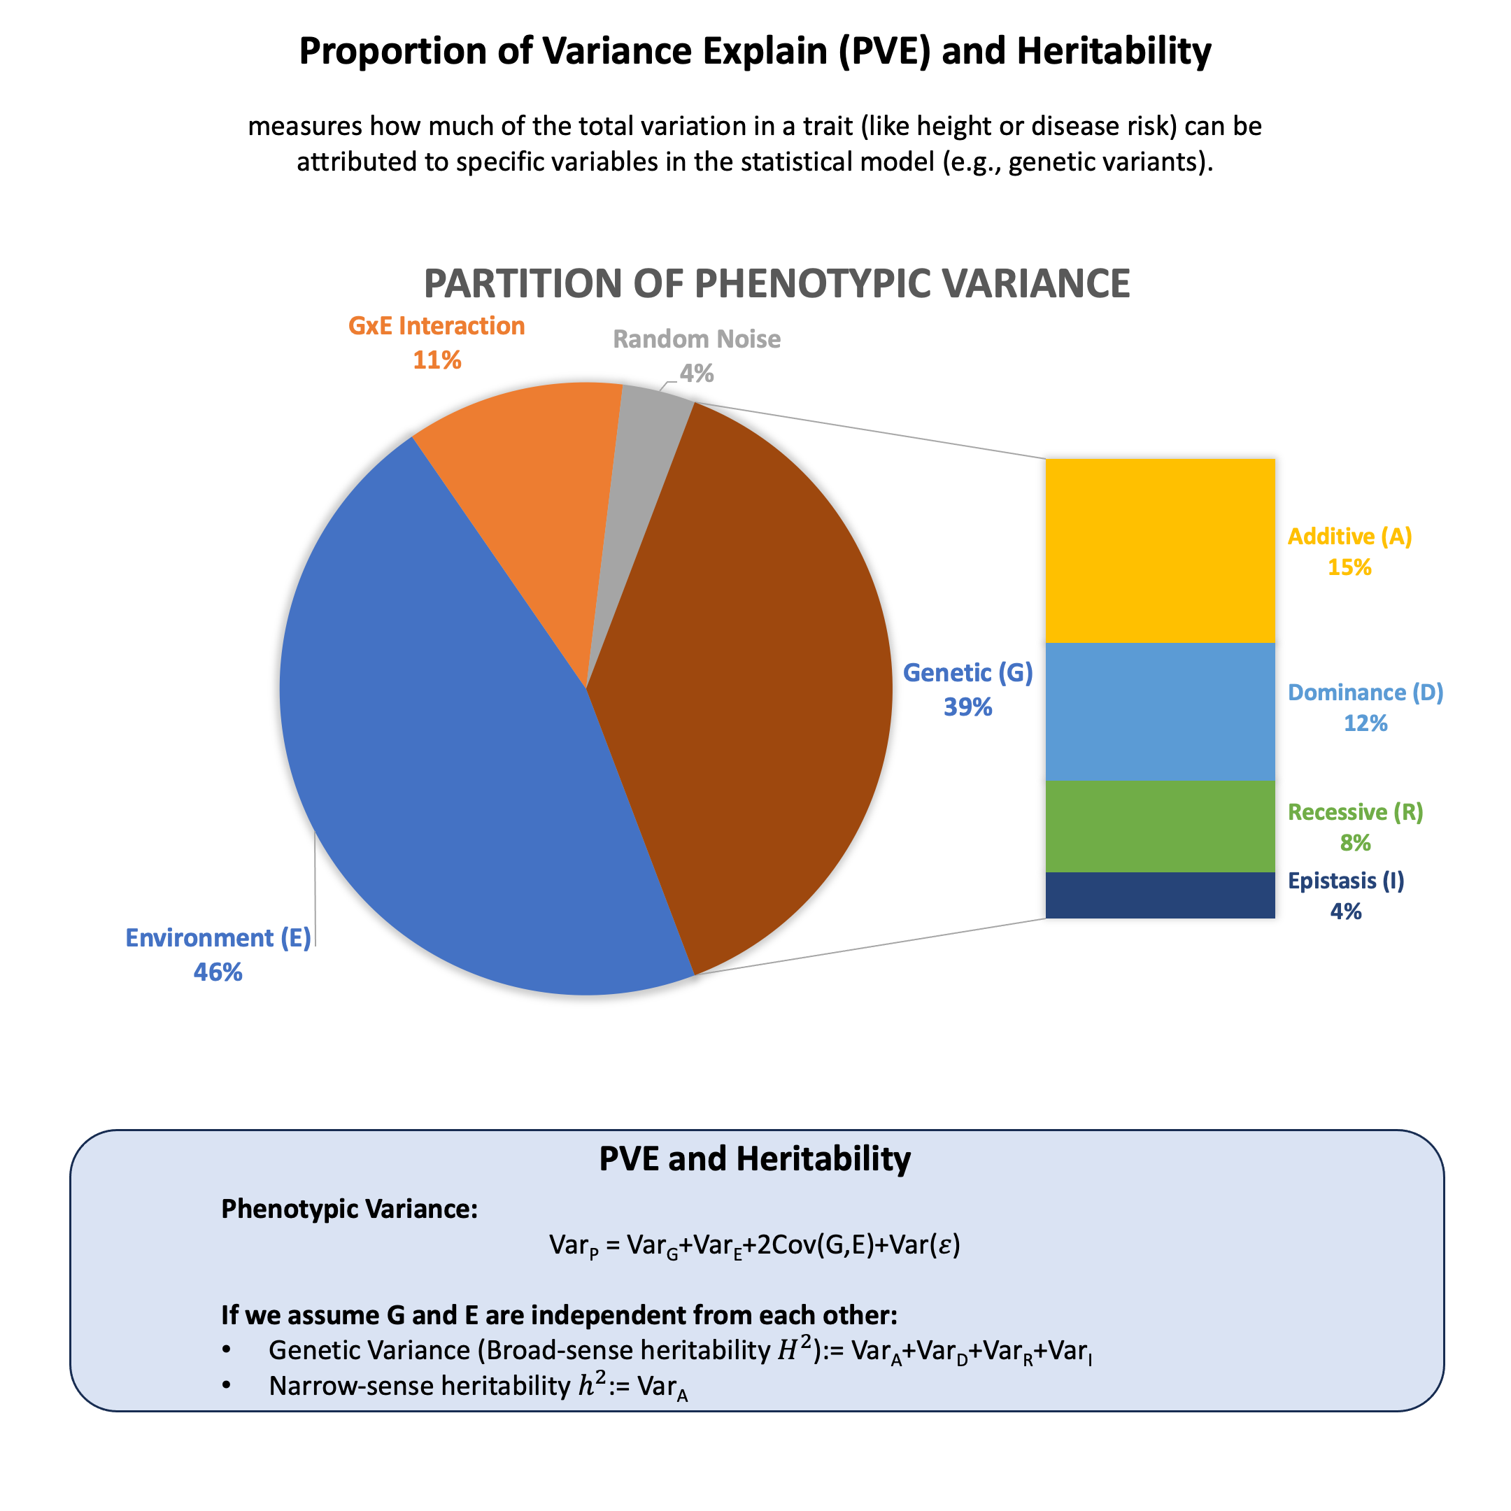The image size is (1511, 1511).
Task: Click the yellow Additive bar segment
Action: [x=1160, y=551]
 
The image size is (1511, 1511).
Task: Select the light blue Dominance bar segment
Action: [x=1160, y=711]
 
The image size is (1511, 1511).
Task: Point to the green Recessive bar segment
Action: [x=1160, y=826]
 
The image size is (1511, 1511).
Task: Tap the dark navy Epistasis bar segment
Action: [x=1160, y=895]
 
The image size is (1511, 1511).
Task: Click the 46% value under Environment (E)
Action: [x=218, y=972]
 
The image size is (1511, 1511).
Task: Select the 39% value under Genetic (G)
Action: [x=967, y=707]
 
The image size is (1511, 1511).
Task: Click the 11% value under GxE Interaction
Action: [x=437, y=360]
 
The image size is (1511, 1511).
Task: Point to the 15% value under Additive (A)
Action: [x=1349, y=567]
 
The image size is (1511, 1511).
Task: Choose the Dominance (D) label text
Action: [x=1365, y=692]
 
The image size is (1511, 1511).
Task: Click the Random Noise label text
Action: [x=696, y=339]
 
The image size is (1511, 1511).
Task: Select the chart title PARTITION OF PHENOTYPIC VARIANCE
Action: [x=776, y=283]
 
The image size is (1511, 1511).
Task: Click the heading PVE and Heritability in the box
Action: [x=755, y=1158]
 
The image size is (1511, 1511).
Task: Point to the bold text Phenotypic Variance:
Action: [x=350, y=1208]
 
